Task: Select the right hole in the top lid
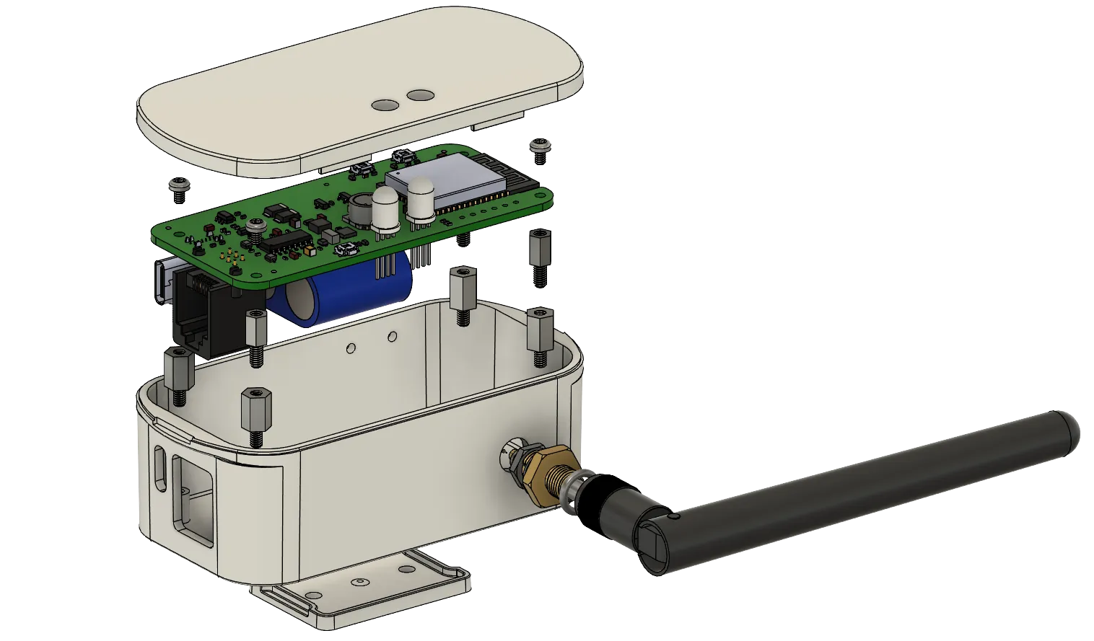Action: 418,94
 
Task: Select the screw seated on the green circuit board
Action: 254,226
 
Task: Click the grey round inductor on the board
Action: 359,209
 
